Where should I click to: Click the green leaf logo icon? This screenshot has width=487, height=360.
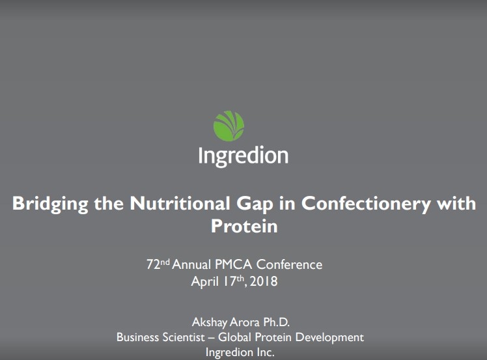click(x=229, y=126)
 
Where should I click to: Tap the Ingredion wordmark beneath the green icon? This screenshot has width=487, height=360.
click(x=243, y=156)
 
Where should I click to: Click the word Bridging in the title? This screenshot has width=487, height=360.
click(x=50, y=204)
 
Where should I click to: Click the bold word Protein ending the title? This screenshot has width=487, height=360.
click(x=244, y=226)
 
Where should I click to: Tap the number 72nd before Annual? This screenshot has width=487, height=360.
click(x=158, y=264)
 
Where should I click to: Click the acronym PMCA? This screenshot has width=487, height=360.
click(x=232, y=265)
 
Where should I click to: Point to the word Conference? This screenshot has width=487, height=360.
click(x=289, y=265)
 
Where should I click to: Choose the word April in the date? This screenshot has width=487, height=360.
click(x=204, y=282)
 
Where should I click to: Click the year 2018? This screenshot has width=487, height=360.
click(x=264, y=282)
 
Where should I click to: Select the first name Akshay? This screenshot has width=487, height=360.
click(x=210, y=322)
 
